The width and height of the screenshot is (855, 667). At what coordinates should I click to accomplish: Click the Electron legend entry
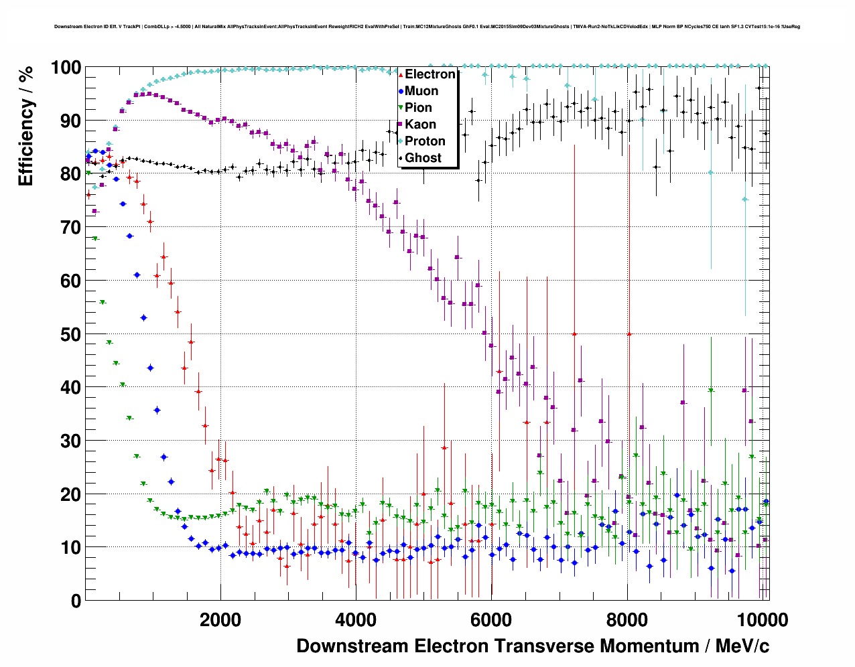coord(430,74)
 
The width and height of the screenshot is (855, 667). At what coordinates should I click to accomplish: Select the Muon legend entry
coord(421,91)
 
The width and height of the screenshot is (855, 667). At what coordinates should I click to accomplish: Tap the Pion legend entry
coord(418,108)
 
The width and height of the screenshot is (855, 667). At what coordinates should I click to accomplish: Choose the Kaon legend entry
coord(420,125)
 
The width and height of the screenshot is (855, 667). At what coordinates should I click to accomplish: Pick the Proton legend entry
coord(425,141)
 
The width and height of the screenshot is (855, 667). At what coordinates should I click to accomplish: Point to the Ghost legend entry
coord(423,158)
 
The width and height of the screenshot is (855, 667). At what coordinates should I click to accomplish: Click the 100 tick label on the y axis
coord(66,68)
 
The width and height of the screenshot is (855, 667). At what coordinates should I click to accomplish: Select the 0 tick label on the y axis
coord(76,601)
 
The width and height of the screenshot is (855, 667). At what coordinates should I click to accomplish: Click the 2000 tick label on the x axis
coord(219,620)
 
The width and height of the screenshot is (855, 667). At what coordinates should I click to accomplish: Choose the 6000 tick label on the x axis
coord(491,620)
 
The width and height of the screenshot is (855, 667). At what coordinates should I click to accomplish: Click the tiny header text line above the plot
coord(427,27)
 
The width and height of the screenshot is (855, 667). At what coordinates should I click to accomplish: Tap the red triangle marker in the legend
coord(401,74)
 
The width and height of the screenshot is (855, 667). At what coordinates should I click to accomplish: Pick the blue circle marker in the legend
coord(401,91)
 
